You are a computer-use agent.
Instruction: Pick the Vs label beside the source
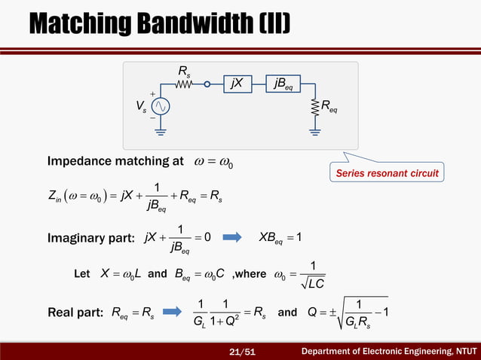(x=139, y=107)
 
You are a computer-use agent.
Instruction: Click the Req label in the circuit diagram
(x=329, y=109)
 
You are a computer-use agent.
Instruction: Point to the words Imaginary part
(x=90, y=239)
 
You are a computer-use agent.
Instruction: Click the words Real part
(x=76, y=312)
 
